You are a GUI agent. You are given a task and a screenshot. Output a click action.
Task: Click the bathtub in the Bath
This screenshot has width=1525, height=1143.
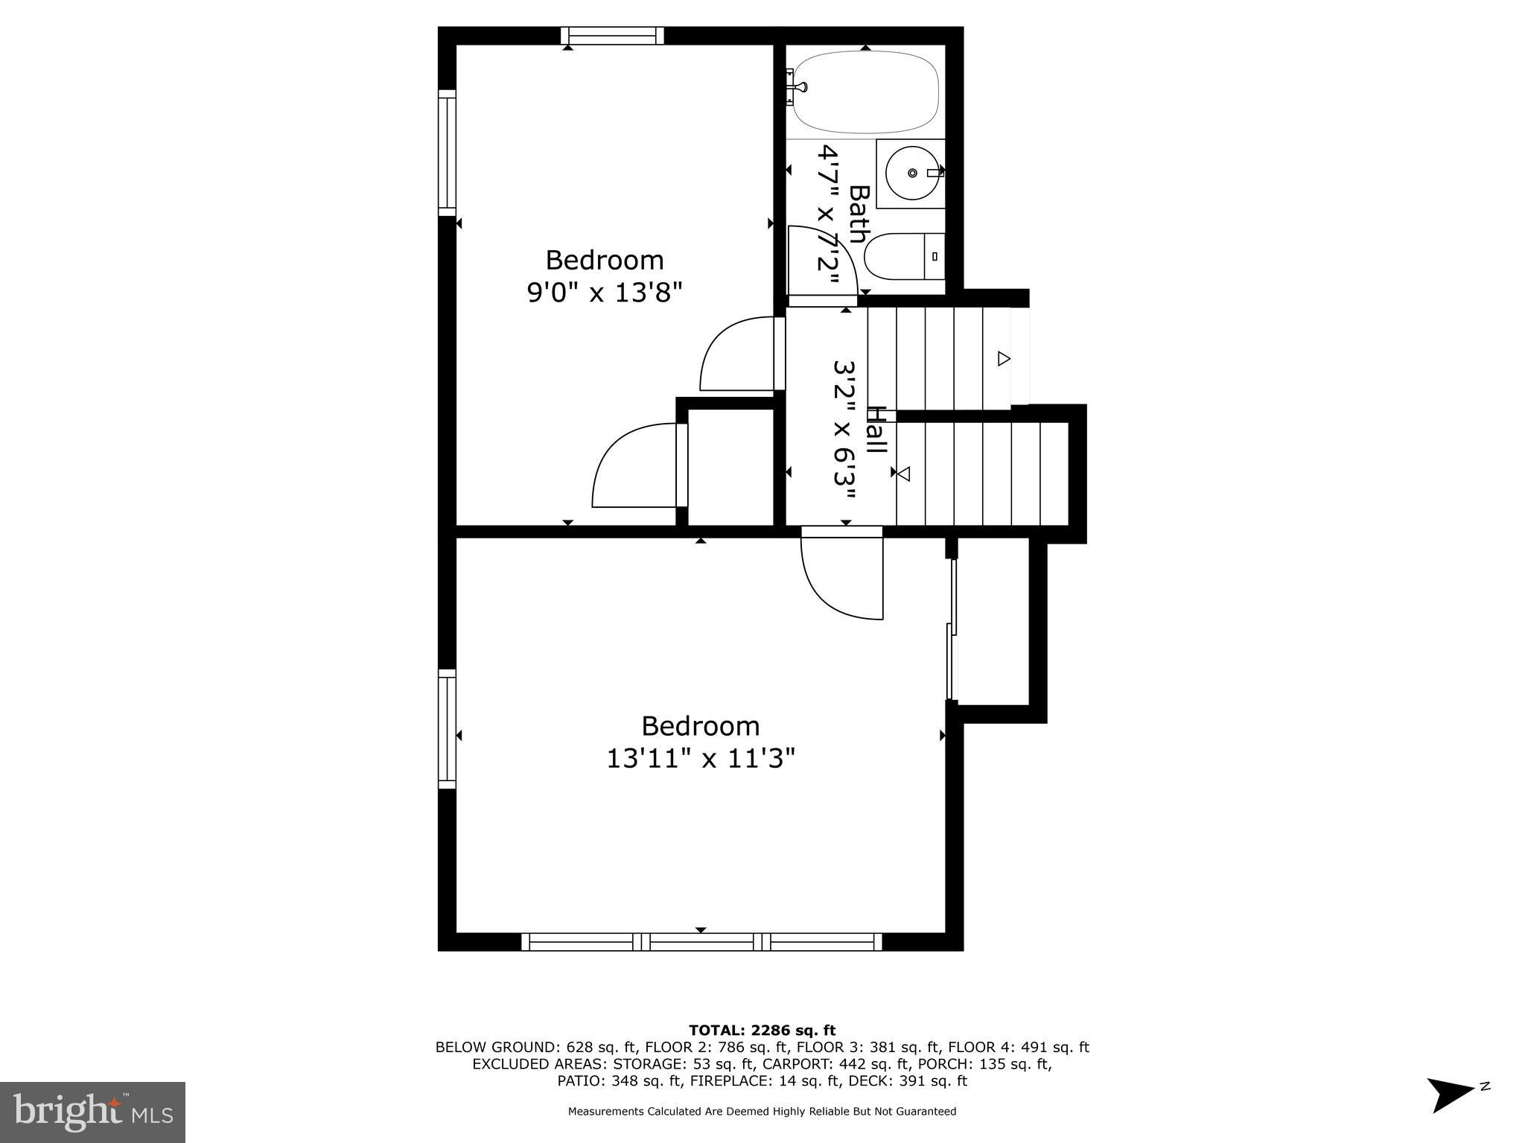865,92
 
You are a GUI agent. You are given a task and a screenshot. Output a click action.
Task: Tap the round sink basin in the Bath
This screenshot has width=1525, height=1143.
911,173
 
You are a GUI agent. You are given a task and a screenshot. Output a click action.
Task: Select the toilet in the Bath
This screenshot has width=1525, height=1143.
902,257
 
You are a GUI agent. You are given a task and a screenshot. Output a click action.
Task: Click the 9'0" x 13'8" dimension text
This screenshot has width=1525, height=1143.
605,293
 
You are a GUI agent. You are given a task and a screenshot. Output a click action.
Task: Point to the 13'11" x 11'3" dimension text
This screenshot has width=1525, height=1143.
701,759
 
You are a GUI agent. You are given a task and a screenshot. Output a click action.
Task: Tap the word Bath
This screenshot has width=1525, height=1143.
859,214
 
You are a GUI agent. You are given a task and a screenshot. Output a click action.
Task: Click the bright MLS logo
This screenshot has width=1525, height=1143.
92,1112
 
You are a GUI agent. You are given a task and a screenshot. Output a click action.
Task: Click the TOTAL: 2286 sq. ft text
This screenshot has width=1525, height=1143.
762,1031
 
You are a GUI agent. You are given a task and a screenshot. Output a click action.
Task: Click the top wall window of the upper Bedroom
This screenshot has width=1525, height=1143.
612,36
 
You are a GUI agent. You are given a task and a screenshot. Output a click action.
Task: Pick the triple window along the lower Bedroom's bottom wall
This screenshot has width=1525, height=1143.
701,942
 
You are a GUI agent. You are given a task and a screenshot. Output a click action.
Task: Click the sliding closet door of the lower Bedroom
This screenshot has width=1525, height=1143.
951,629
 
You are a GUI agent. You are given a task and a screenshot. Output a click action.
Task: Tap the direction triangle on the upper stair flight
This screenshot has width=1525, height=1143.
1003,359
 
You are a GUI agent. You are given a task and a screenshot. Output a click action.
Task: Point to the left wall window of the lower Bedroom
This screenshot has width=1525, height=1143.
447,728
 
